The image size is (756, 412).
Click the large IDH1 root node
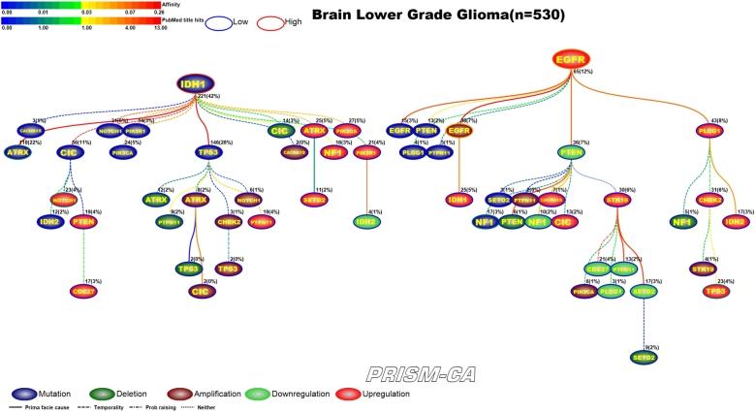197,84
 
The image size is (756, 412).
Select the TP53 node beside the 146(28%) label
207,152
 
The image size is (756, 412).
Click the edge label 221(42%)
208,97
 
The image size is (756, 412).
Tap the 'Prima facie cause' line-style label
42,405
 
